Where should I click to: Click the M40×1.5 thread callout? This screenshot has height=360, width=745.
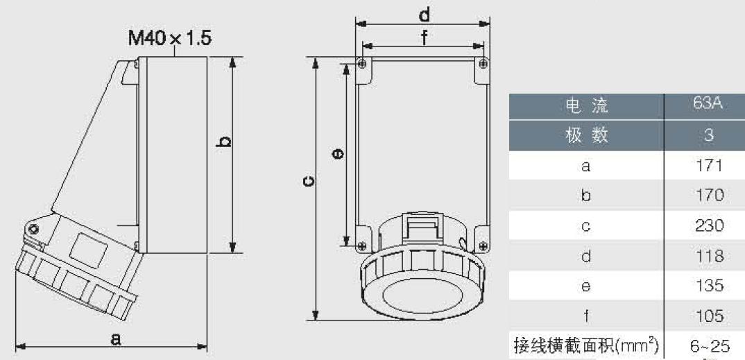(170, 38)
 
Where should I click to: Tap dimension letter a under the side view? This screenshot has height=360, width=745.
(116, 338)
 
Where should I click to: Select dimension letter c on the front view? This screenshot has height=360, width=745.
(309, 182)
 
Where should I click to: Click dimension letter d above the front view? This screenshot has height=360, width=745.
(425, 15)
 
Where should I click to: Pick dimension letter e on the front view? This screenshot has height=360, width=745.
(339, 153)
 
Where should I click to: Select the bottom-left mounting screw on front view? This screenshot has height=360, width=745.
(362, 246)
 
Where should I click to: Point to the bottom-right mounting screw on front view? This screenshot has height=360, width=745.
(483, 246)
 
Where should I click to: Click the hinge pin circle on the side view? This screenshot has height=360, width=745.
(33, 230)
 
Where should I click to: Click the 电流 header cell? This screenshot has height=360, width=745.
(587, 106)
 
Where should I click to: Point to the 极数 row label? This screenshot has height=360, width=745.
(587, 136)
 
